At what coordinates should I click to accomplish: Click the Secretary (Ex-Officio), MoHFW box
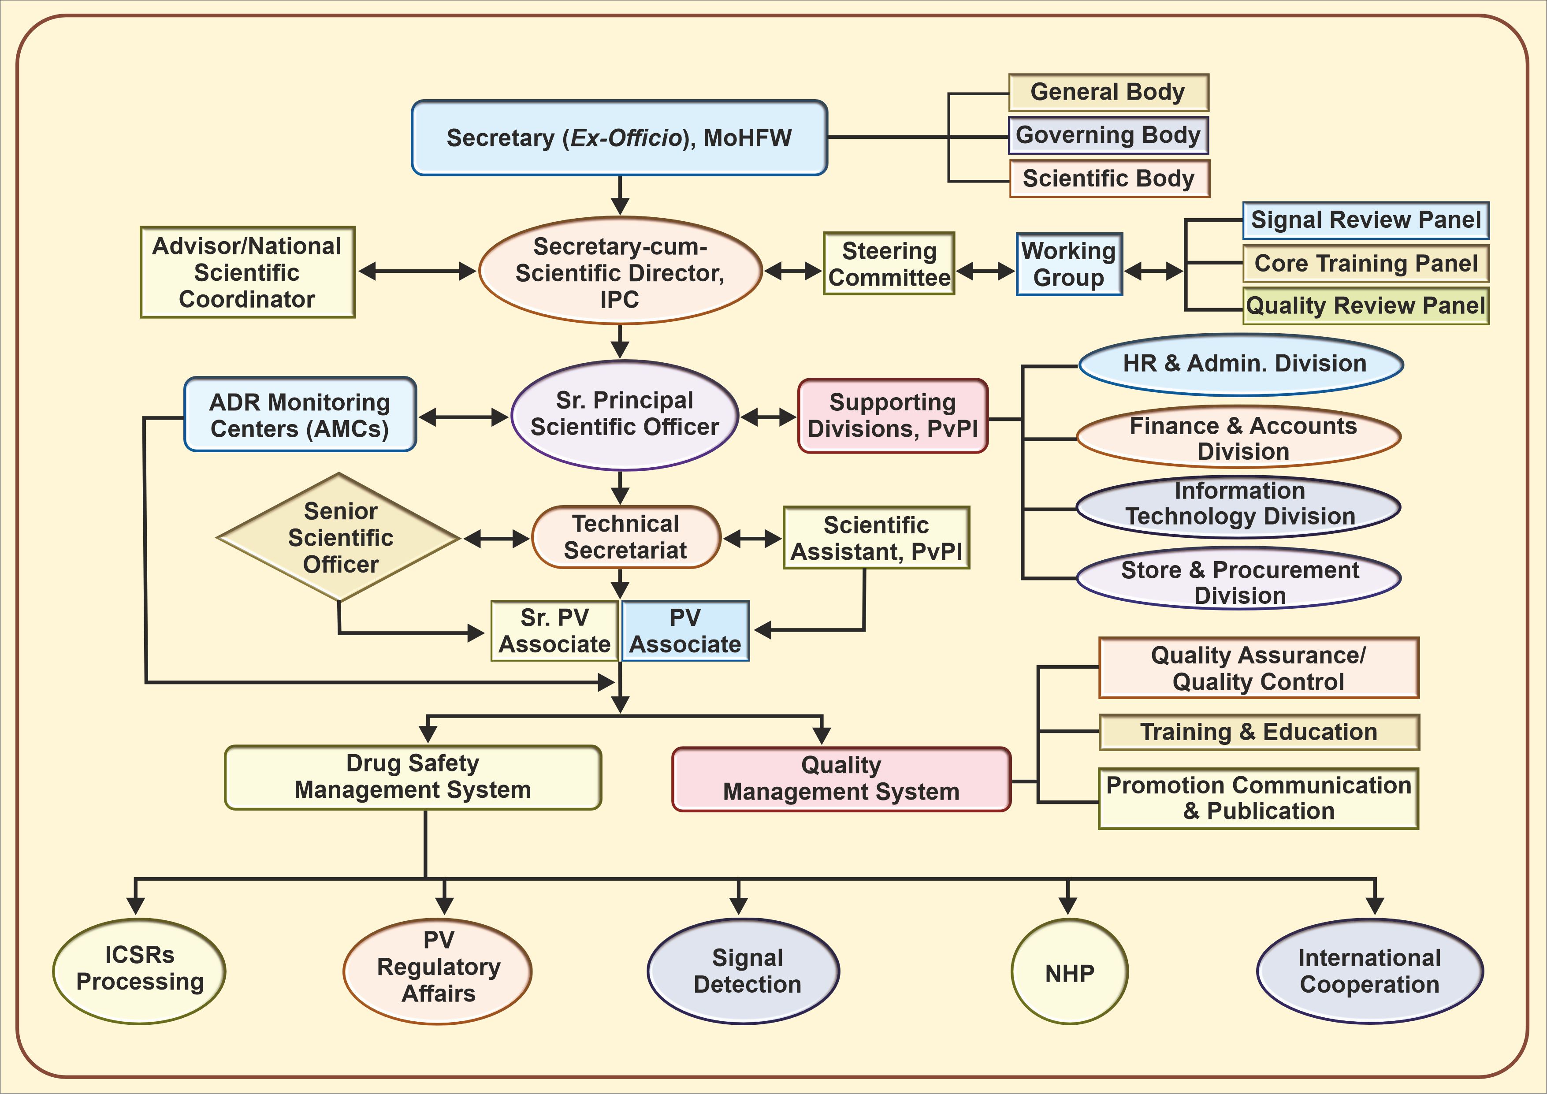619,138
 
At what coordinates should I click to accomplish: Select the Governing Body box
1108,135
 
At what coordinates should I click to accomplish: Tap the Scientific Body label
1109,179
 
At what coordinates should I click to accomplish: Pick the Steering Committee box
889,264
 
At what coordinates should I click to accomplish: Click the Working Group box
1069,264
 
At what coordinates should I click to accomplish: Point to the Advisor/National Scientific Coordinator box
247,272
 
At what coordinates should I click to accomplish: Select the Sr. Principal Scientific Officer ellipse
625,414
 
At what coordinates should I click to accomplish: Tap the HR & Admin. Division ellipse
1241,364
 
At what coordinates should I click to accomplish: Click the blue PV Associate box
684,631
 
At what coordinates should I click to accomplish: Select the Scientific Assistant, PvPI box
876,538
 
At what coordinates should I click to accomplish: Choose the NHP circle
1069,971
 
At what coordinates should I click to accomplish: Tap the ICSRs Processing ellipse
139,970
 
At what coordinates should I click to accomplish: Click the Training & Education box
1259,732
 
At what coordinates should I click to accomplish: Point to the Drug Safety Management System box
413,777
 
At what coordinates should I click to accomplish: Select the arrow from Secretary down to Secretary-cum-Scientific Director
620,195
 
